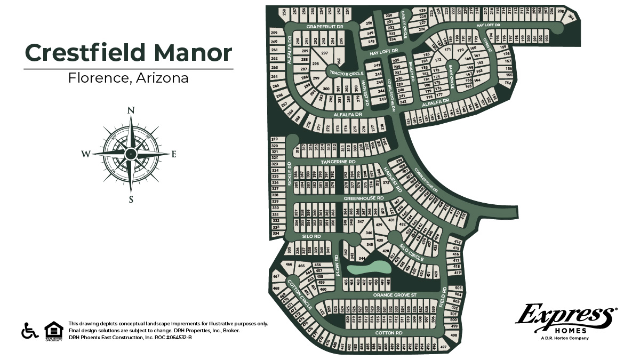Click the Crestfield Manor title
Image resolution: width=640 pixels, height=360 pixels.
129,53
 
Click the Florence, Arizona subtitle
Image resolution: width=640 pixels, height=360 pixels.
129,78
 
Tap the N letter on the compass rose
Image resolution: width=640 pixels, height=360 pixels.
130,110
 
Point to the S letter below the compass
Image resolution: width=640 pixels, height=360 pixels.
130,200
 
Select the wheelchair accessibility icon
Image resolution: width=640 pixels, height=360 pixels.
30,330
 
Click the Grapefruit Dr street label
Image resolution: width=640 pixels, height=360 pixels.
325,26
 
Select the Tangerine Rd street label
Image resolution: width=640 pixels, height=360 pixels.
338,161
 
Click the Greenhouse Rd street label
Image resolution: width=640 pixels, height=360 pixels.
364,198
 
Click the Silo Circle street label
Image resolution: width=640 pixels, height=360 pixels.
412,253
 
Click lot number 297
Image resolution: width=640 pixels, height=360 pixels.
324,53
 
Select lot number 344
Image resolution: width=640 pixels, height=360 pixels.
362,259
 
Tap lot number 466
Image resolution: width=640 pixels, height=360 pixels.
289,265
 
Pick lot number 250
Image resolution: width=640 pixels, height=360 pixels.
369,23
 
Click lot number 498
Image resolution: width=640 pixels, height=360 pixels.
454,335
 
